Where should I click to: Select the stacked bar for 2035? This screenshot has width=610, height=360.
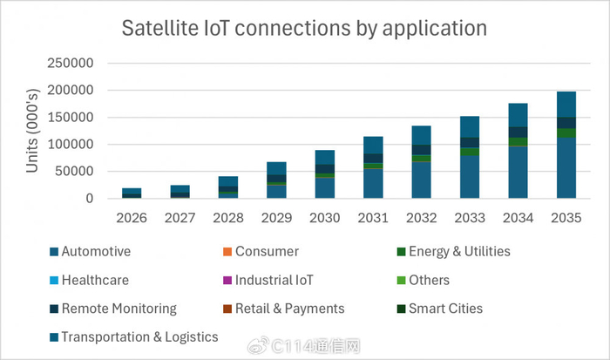pyautogui.click(x=566, y=145)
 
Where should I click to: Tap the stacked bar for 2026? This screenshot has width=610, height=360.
pyautogui.click(x=132, y=194)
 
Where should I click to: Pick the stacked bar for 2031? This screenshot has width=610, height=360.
pyautogui.click(x=373, y=167)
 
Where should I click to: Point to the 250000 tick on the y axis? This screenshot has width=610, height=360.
pyautogui.click(x=71, y=63)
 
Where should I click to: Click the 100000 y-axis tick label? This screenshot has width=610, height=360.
pyautogui.click(x=71, y=145)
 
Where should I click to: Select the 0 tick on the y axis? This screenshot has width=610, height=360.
pyautogui.click(x=90, y=199)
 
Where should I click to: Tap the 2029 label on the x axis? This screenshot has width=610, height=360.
pyautogui.click(x=276, y=218)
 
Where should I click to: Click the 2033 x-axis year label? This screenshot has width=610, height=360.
pyautogui.click(x=470, y=218)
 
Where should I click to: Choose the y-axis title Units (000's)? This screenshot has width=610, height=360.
pyautogui.click(x=33, y=131)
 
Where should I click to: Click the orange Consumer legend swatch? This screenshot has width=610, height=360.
pyautogui.click(x=227, y=252)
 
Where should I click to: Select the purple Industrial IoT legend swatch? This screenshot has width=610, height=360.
pyautogui.click(x=227, y=280)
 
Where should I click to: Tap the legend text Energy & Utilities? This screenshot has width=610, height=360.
pyautogui.click(x=459, y=252)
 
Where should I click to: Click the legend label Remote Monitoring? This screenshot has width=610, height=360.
pyautogui.click(x=119, y=309)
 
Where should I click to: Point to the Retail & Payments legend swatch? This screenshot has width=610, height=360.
pyautogui.click(x=227, y=309)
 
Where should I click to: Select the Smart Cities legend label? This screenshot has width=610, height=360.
pyautogui.click(x=446, y=309)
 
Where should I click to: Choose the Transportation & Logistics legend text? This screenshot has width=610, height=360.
pyautogui.click(x=140, y=337)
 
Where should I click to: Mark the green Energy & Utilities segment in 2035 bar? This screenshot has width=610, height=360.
pyautogui.click(x=566, y=133)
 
